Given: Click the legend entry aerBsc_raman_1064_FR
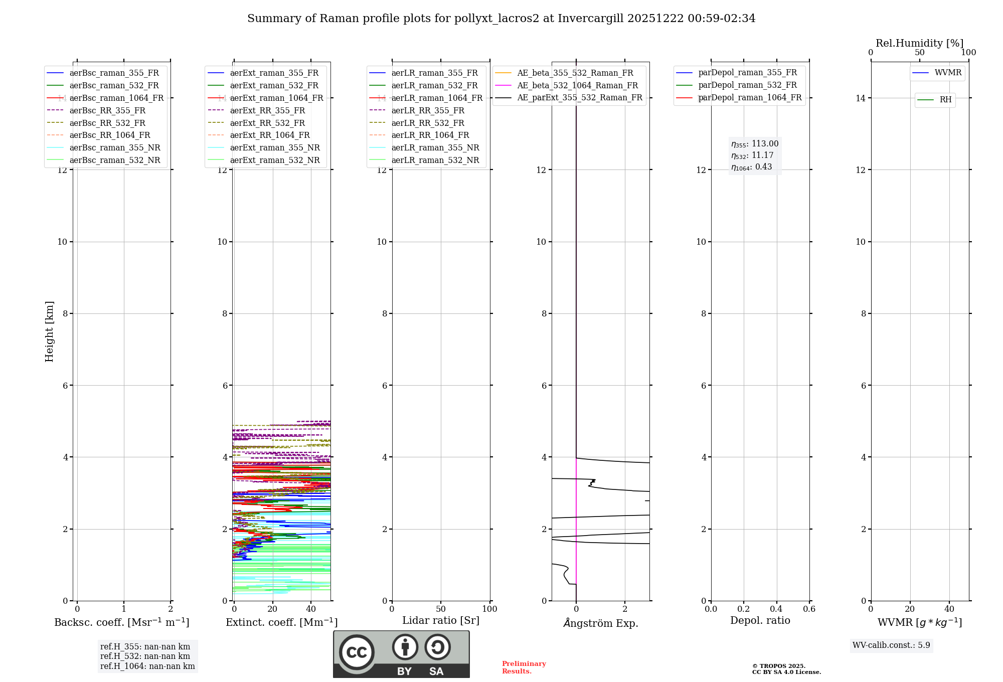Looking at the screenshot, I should (x=116, y=98).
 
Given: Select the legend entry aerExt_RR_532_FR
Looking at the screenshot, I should (x=267, y=123).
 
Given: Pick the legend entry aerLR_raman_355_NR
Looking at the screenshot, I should (x=435, y=147).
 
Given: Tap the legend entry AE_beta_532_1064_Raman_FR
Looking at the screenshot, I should (x=577, y=85).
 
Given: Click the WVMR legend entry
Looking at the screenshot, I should (x=948, y=73).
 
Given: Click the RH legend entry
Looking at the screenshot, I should (x=945, y=100).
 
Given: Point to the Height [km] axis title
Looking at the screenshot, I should (x=49, y=331).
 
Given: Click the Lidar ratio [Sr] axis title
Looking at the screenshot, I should (x=441, y=620).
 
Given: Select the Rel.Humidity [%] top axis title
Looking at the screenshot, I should (x=919, y=43).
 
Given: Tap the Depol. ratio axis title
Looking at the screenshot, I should (x=760, y=620).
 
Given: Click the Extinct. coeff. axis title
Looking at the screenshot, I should (x=281, y=622).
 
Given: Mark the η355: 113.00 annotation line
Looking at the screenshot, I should (x=755, y=144).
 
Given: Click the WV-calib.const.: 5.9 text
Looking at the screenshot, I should (x=891, y=645).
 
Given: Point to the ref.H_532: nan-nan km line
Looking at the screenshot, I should (x=145, y=656).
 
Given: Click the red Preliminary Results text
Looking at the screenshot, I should (x=524, y=667).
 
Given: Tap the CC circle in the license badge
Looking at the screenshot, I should (x=357, y=652).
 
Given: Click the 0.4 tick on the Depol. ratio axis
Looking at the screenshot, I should (x=776, y=609).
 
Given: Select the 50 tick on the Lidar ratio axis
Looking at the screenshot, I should (x=441, y=609).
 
